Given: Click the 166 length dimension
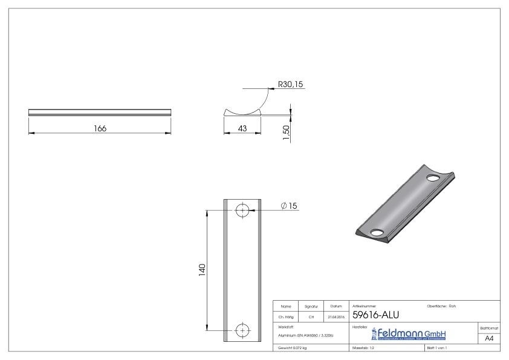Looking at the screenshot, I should [x=100, y=128].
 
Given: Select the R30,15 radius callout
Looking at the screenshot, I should [x=290, y=84].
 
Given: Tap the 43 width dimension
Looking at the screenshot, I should [x=242, y=128].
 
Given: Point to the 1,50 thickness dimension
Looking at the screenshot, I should [x=287, y=129].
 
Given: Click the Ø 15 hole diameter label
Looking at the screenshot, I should [x=290, y=206].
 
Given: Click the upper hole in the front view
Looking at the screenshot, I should [x=242, y=210].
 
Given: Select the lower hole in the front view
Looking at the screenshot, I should [x=242, y=330].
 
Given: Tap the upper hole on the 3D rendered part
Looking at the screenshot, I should [x=433, y=178].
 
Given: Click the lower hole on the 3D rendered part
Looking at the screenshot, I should [x=377, y=232].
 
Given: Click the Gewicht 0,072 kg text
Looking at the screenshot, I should [x=292, y=349].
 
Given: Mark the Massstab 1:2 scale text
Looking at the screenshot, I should [x=364, y=349].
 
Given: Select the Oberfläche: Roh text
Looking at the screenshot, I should [x=441, y=306].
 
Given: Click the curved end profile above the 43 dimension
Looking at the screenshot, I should [x=242, y=111].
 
